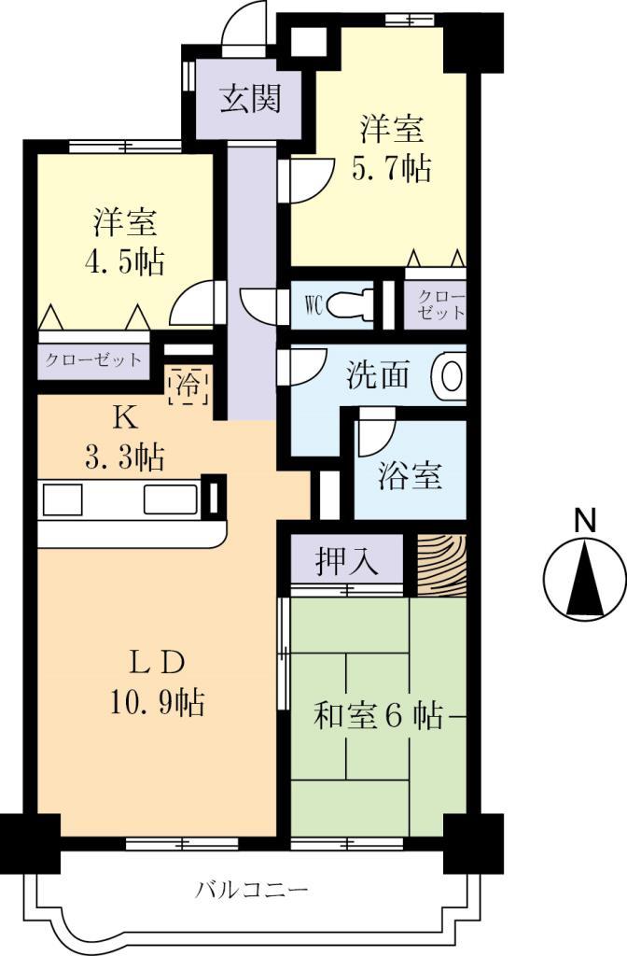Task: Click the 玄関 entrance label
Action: (250, 98)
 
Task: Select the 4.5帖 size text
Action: (125, 260)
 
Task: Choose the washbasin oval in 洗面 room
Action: (449, 376)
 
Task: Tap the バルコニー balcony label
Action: (251, 888)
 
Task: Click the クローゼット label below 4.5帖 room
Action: (93, 359)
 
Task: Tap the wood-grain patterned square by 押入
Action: (440, 566)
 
